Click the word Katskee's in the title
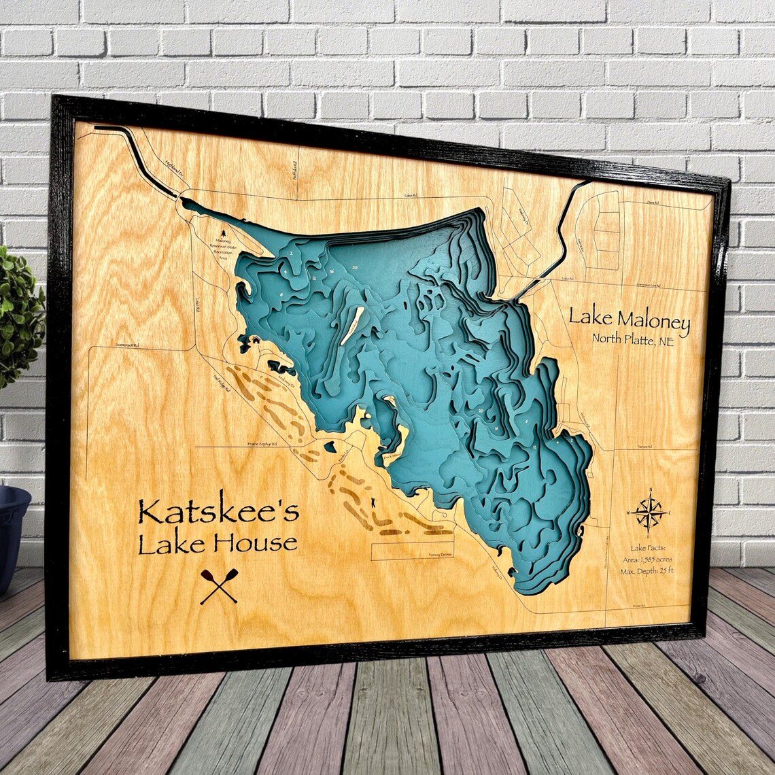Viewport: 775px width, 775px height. [x=218, y=511]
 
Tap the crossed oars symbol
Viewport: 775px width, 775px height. [x=219, y=586]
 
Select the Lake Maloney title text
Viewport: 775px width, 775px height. [x=629, y=317]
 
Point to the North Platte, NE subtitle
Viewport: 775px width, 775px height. [x=632, y=341]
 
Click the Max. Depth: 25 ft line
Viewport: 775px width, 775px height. [x=647, y=571]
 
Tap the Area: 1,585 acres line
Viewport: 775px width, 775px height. [x=647, y=559]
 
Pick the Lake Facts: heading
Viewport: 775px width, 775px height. [x=648, y=547]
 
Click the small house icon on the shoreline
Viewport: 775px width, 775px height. [x=256, y=339]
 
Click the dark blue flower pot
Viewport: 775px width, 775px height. [x=12, y=530]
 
